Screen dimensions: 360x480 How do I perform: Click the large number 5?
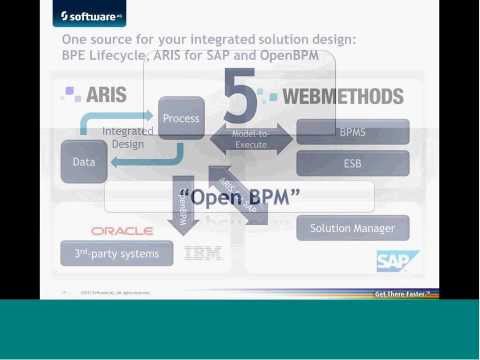tap(241, 98)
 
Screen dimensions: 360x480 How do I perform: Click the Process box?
tap(181, 118)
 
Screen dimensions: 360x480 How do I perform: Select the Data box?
tap(84, 162)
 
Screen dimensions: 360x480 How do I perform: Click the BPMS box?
tap(352, 132)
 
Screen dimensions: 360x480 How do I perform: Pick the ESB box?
tap(352, 162)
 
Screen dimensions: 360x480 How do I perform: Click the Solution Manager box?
tap(352, 228)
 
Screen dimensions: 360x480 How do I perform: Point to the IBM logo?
tap(204, 254)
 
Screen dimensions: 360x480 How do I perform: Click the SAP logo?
tap(391, 261)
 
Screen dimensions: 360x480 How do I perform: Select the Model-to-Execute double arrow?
tap(250, 139)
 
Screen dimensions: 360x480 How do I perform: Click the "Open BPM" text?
tap(239, 197)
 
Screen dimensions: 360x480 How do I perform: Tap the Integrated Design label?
tap(128, 137)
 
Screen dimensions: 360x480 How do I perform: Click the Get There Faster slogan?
tap(402, 294)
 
